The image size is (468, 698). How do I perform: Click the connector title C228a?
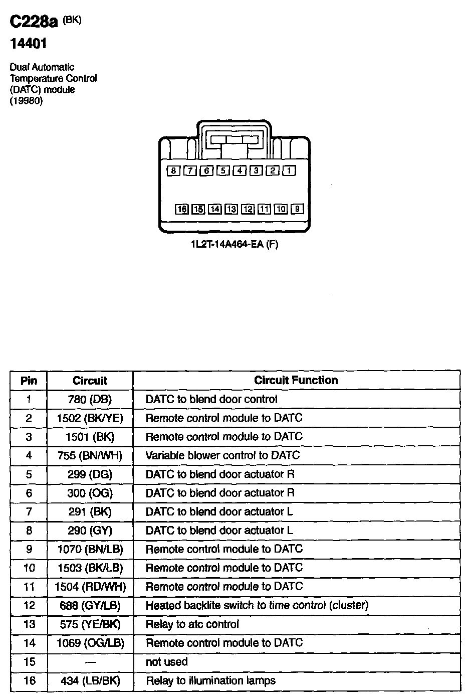[x=34, y=22]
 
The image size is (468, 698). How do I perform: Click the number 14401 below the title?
[x=29, y=44]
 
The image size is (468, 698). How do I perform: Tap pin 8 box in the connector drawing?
[x=173, y=171]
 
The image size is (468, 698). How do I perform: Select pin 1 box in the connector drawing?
[x=289, y=171]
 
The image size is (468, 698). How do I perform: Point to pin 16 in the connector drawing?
[x=181, y=209]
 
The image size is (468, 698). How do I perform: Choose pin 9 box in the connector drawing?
[x=297, y=209]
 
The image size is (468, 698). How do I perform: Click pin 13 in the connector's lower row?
[x=231, y=209]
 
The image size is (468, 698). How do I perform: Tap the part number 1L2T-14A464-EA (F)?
[x=233, y=245]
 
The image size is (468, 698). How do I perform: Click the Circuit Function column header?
[x=296, y=380]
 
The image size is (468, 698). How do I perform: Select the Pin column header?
[x=29, y=381]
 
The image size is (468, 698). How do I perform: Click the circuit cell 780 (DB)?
[x=90, y=400]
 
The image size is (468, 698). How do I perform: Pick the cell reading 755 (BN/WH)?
[x=90, y=456]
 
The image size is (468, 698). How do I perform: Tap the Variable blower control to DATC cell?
[x=222, y=456]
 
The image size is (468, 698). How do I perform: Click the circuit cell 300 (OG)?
[x=90, y=493]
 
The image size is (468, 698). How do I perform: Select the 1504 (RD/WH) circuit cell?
[x=90, y=587]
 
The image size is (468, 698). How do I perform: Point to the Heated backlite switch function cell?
[x=257, y=606]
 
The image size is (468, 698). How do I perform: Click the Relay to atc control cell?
[x=192, y=624]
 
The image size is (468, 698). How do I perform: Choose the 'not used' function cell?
[x=166, y=662]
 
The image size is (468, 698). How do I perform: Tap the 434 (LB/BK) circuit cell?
[x=90, y=681]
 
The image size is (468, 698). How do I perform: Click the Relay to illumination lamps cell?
[x=210, y=681]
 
